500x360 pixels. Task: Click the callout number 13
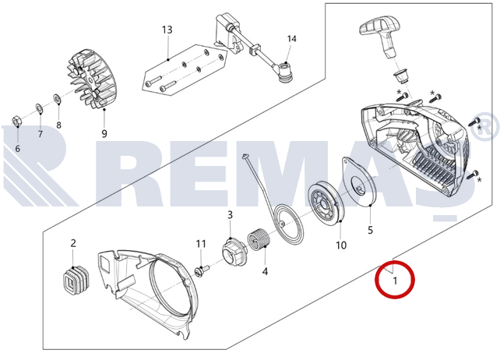pos(167,30)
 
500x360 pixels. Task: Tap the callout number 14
pos(291,39)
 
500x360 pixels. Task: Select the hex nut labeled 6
pos(16,122)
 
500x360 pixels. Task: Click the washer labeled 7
pos(40,108)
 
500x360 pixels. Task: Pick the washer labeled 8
pos(58,99)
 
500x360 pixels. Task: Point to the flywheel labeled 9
pos(92,79)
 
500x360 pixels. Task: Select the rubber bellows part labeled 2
pos(76,281)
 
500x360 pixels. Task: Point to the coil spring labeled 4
pos(259,242)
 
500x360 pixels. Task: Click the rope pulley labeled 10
pos(326,203)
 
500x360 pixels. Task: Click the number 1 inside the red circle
pos(395,281)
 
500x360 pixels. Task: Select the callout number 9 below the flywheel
pos(104,133)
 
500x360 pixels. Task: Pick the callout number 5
pos(370,230)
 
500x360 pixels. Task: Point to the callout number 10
pos(341,245)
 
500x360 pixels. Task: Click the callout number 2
pos(73,243)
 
